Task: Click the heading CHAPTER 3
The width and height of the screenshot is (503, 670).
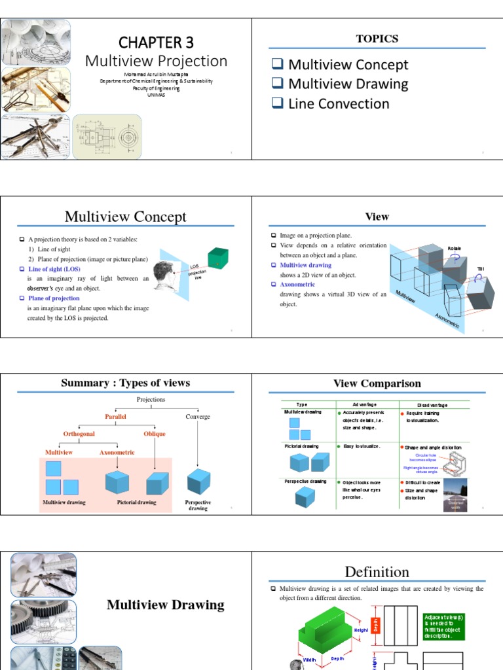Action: [156, 43]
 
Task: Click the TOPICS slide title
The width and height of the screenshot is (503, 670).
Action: [377, 39]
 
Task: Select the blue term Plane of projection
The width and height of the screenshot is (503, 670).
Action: [53, 298]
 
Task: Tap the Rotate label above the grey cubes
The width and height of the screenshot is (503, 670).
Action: [455, 249]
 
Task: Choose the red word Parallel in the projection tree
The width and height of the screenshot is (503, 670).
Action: [115, 416]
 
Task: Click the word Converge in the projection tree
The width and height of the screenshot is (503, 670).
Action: [198, 416]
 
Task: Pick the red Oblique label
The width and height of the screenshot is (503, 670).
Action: [155, 434]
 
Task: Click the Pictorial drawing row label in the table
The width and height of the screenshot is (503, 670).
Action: [301, 447]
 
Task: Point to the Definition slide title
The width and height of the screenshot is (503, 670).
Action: [377, 571]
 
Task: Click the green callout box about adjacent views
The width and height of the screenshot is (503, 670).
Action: [444, 626]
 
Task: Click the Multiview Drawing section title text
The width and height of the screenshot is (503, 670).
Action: [165, 605]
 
